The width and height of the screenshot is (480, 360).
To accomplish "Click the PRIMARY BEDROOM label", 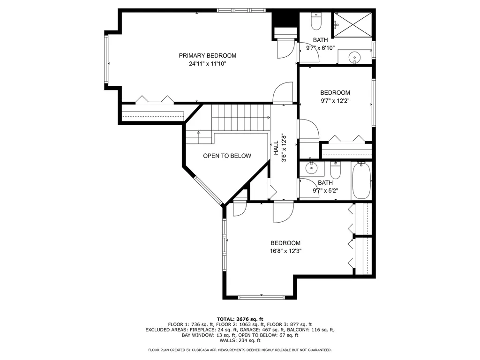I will point(207,55).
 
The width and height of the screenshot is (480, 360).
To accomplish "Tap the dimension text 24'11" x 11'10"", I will point(207,64).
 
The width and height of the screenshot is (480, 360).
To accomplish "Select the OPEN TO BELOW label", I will point(227,156).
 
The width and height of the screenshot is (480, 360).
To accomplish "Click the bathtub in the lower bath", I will point(361,180).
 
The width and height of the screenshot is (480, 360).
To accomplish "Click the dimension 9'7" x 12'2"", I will point(335,101).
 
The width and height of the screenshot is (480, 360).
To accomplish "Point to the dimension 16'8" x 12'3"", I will point(285,251).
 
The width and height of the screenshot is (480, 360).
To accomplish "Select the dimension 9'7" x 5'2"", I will point(325,191).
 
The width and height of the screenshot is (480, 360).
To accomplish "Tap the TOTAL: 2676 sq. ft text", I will point(240,319).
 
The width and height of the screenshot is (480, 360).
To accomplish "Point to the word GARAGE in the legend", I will point(249,330).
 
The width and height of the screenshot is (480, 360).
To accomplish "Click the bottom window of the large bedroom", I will point(261,297).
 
